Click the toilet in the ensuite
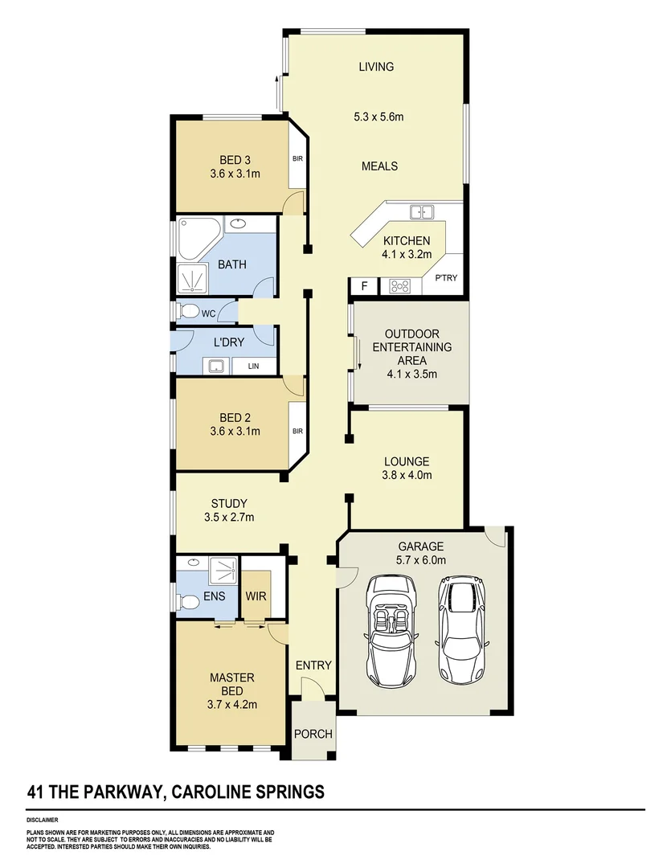[190, 602]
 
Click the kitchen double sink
[422, 213]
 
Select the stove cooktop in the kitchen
[400, 285]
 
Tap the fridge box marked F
[364, 285]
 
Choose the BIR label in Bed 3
[297, 159]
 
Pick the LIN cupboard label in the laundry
[254, 366]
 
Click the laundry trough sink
[215, 366]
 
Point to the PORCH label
[313, 734]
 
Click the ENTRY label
[313, 665]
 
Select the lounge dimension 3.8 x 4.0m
[407, 475]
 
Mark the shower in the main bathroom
[194, 277]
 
